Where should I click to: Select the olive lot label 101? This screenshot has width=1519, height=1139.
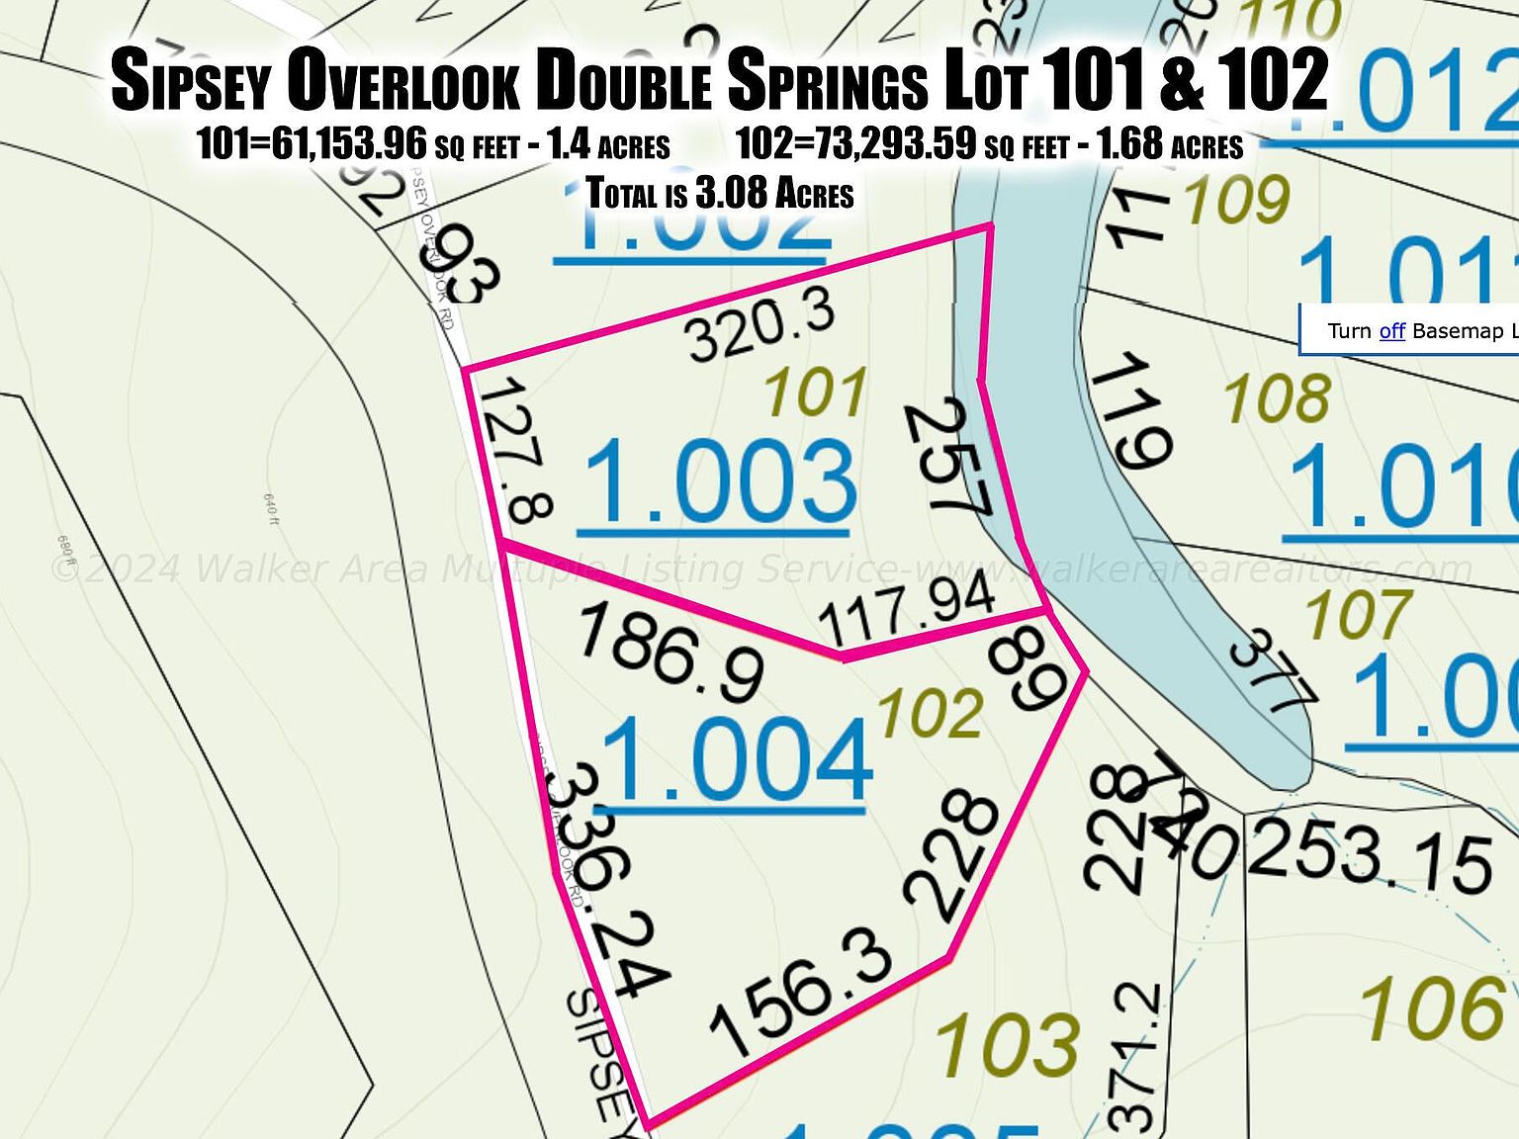click(816, 393)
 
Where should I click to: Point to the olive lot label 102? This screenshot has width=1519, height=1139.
click(931, 714)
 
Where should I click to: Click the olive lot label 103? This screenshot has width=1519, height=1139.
click(1007, 1044)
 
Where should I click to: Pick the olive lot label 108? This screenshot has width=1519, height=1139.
click(1277, 398)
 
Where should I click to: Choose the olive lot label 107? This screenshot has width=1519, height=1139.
click(1358, 614)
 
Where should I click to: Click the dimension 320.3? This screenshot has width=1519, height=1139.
click(761, 328)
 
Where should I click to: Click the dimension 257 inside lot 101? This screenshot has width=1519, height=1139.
click(947, 456)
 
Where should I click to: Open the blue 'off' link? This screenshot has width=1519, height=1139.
click(1391, 330)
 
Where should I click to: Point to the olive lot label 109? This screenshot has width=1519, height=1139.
click(1238, 201)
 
